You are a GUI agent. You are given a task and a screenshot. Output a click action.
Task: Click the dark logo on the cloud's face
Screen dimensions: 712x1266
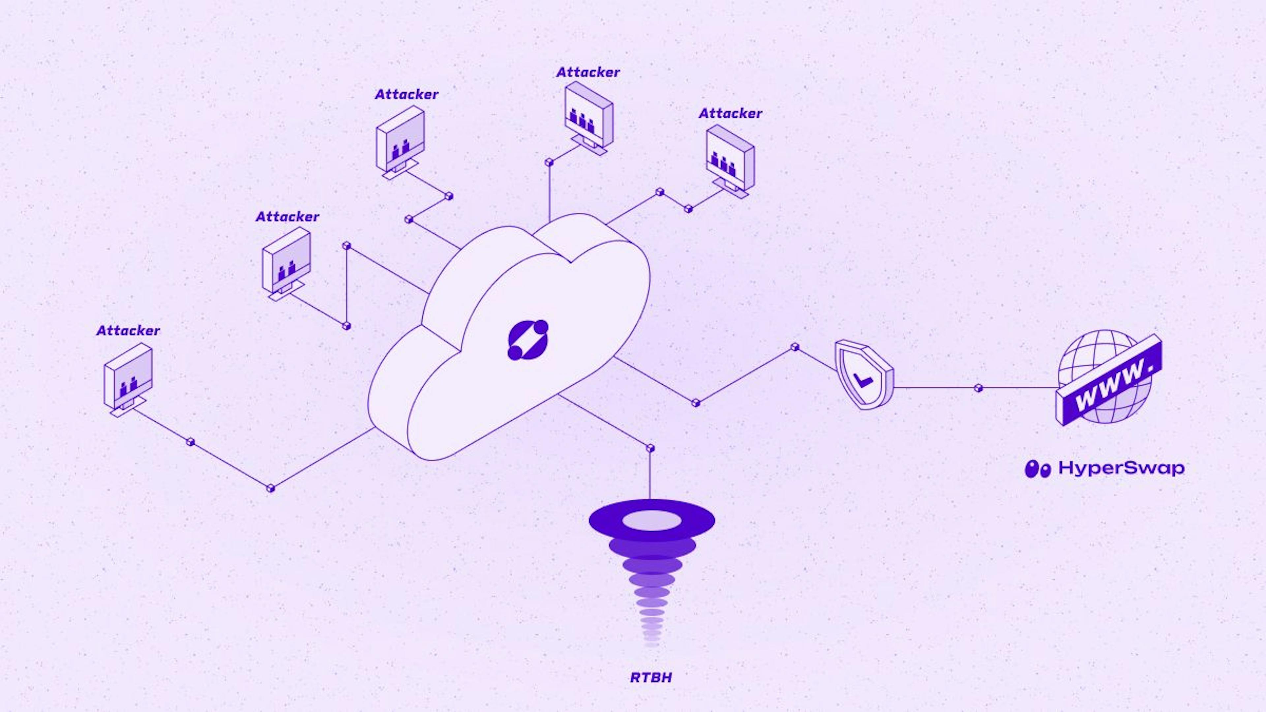[528, 340]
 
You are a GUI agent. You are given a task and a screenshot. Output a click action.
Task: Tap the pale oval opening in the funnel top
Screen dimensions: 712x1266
[652, 520]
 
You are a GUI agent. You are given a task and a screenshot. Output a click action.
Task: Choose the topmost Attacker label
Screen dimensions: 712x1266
[588, 72]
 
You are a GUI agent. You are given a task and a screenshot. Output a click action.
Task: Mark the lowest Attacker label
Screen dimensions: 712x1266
[128, 331]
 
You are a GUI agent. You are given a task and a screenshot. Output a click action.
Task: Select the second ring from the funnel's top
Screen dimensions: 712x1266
[652, 546]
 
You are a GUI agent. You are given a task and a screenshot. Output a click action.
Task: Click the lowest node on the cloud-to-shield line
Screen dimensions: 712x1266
[695, 403]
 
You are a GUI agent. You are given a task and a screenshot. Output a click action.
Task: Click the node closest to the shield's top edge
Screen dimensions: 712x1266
[795, 347]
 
